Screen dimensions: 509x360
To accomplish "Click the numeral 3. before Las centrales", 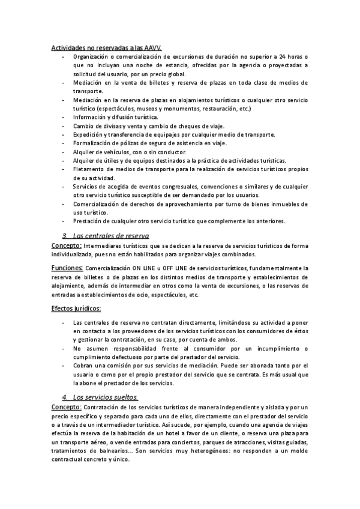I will (x=65, y=235).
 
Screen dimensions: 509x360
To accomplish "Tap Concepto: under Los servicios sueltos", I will (x=67, y=408).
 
